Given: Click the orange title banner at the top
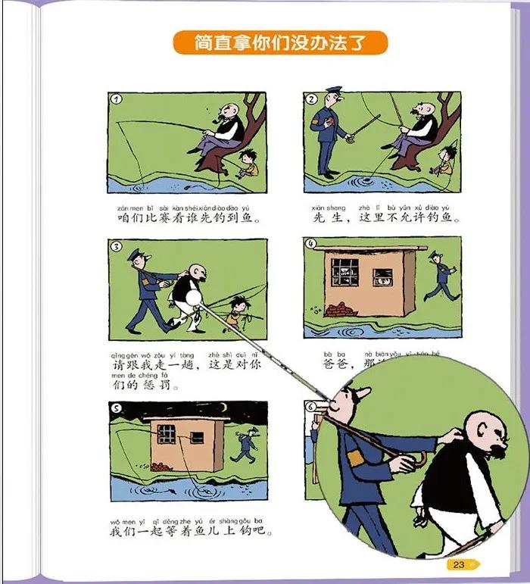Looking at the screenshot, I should coord(280,43).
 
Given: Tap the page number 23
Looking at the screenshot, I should coord(459,564).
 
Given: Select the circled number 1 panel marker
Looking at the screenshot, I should coord(116,99).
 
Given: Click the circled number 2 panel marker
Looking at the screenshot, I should coord(310,99).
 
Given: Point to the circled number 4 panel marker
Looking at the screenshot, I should coord(310,243).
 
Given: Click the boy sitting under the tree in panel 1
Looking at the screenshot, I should coord(246,163).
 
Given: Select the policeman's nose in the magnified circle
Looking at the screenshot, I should coord(362,393).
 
